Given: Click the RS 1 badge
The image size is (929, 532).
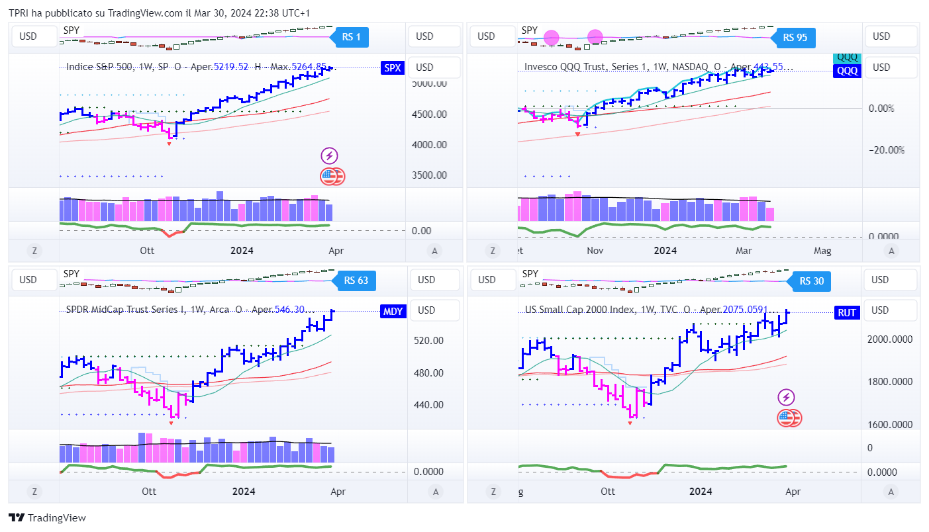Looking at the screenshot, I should [351, 37].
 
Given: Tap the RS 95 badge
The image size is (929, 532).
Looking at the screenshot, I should [795, 37].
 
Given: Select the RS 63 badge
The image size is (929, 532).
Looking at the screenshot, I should [356, 281].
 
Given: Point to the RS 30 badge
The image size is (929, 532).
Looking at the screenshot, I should [811, 281].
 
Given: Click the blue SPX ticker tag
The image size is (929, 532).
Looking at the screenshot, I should [392, 67].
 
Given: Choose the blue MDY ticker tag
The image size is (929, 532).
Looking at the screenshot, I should [393, 312].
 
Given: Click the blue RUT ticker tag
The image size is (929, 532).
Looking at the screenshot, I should [846, 313].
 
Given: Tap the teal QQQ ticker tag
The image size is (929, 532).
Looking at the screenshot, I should [847, 58].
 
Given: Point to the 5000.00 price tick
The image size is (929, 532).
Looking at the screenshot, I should [429, 83].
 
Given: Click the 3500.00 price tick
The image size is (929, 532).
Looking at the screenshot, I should [429, 175].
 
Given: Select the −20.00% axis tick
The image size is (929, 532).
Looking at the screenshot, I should [886, 150].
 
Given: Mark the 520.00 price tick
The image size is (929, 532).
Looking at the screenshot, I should [428, 340].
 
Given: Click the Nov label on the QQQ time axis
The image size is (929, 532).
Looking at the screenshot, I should [595, 251].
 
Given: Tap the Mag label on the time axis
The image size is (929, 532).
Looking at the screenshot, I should [822, 251].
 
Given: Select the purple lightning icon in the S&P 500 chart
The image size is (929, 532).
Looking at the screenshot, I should [329, 156].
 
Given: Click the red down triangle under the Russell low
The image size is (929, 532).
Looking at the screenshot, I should [630, 423].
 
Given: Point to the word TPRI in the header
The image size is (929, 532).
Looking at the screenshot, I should [19, 13].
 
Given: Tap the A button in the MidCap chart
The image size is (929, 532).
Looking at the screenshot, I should [434, 492].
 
